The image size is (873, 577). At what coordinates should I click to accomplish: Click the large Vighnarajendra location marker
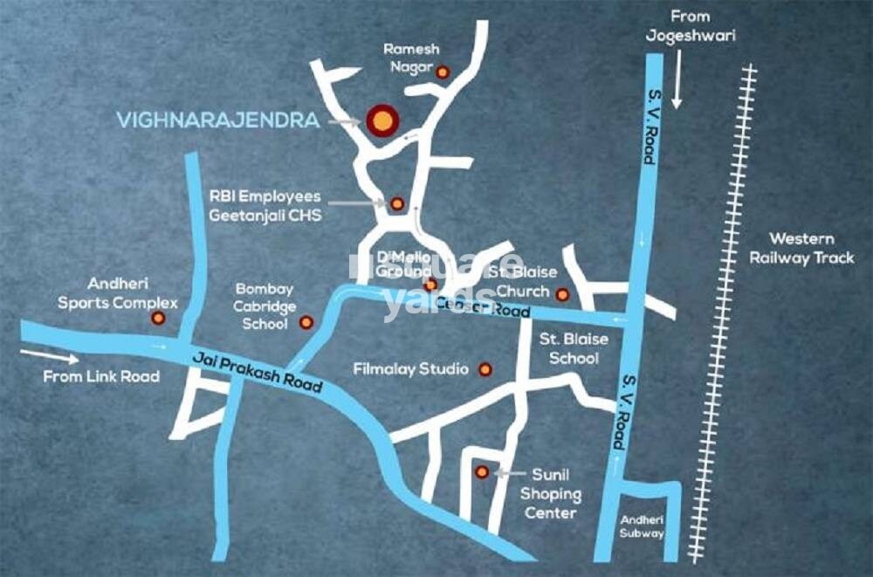tap(381, 120)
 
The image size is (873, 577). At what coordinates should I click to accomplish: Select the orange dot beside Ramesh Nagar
tap(443, 72)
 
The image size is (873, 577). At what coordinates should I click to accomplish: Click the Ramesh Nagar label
tap(412, 58)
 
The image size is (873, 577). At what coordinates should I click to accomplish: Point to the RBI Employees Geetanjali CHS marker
tap(396, 203)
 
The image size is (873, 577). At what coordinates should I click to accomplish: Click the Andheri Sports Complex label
tap(118, 293)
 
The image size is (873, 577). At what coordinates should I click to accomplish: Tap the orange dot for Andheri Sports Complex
tap(158, 318)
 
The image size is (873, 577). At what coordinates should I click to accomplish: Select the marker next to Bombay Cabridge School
tap(306, 322)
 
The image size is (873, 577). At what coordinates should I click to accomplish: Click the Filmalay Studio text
tap(410, 369)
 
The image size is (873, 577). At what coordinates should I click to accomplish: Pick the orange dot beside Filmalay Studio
tap(485, 370)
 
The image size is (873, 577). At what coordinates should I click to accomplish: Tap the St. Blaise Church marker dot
tap(562, 294)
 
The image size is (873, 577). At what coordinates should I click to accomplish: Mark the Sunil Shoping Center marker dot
tap(481, 472)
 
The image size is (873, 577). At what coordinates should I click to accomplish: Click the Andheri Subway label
tap(643, 525)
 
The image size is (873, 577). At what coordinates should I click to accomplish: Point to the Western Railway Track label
tap(801, 248)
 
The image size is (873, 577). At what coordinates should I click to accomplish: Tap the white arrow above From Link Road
tap(49, 356)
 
